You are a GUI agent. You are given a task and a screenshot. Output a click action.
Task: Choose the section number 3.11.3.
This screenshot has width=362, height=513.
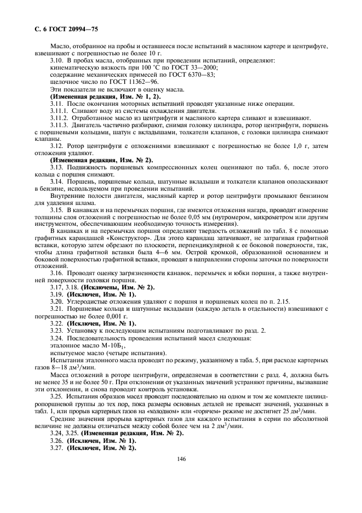point(60,125)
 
